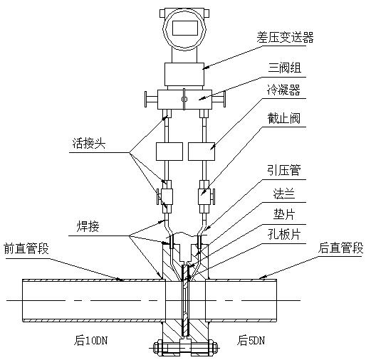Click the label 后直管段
coord(340,248)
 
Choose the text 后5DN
coord(251,339)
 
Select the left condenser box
coord(170,152)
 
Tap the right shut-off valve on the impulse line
coord(204,194)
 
